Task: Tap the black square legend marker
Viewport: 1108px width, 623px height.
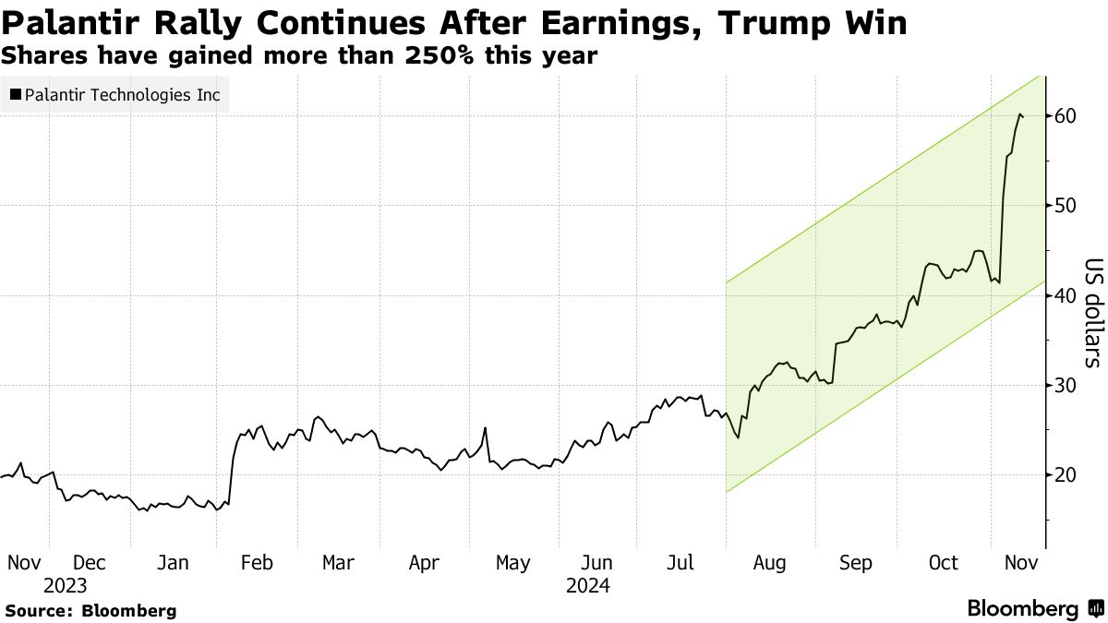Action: pyautogui.click(x=15, y=94)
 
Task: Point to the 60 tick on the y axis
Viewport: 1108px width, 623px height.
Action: pyautogui.click(x=1066, y=116)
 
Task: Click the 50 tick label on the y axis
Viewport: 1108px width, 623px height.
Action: pyautogui.click(x=1066, y=205)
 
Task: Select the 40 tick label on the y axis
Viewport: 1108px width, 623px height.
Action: pyautogui.click(x=1066, y=296)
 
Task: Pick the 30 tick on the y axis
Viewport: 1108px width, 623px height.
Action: pyautogui.click(x=1066, y=385)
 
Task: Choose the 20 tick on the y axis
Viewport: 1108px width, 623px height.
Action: pyautogui.click(x=1066, y=474)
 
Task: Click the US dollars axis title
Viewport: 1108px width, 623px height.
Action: pyautogui.click(x=1091, y=313)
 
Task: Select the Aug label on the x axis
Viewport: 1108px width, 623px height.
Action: pyautogui.click(x=769, y=562)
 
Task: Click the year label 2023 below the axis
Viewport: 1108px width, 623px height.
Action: pyautogui.click(x=66, y=585)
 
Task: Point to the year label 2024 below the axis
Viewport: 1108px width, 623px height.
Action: pyautogui.click(x=587, y=585)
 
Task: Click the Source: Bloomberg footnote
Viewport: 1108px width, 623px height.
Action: pyautogui.click(x=90, y=610)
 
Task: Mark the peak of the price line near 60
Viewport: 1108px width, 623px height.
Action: pyautogui.click(x=1019, y=114)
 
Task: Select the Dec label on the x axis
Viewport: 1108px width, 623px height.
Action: pyautogui.click(x=90, y=562)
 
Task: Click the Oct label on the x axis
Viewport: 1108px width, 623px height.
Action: pyautogui.click(x=944, y=562)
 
